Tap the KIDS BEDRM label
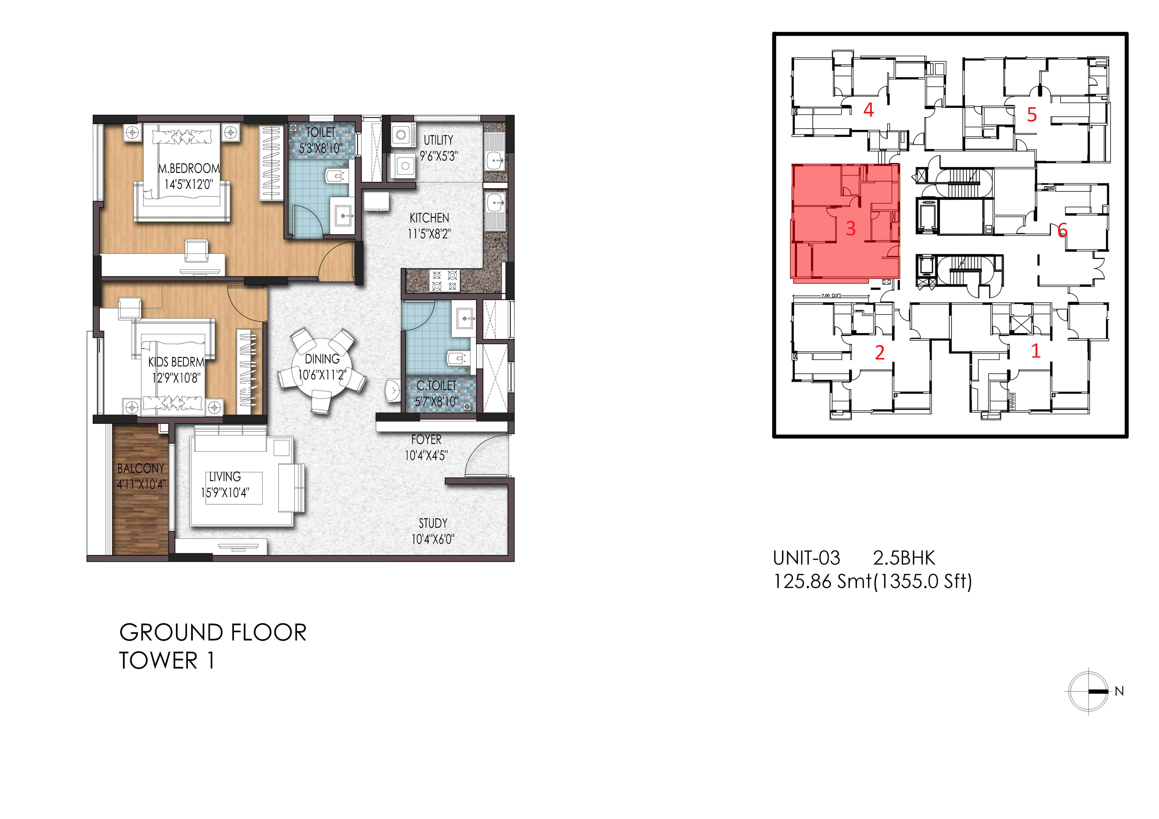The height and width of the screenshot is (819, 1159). point(176,362)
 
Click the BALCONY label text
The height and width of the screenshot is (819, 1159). point(141,469)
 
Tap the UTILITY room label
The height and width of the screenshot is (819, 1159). point(438,140)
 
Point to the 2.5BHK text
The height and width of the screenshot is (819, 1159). point(904,558)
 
